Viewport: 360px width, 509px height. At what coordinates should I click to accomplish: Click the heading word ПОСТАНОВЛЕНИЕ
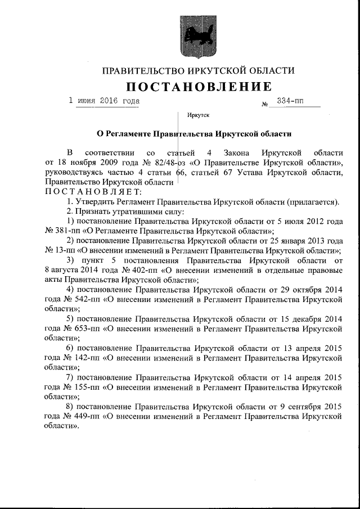(x=198, y=87)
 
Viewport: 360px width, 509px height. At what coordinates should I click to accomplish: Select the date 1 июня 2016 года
(x=103, y=101)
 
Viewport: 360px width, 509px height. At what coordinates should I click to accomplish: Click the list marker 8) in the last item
(x=70, y=406)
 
